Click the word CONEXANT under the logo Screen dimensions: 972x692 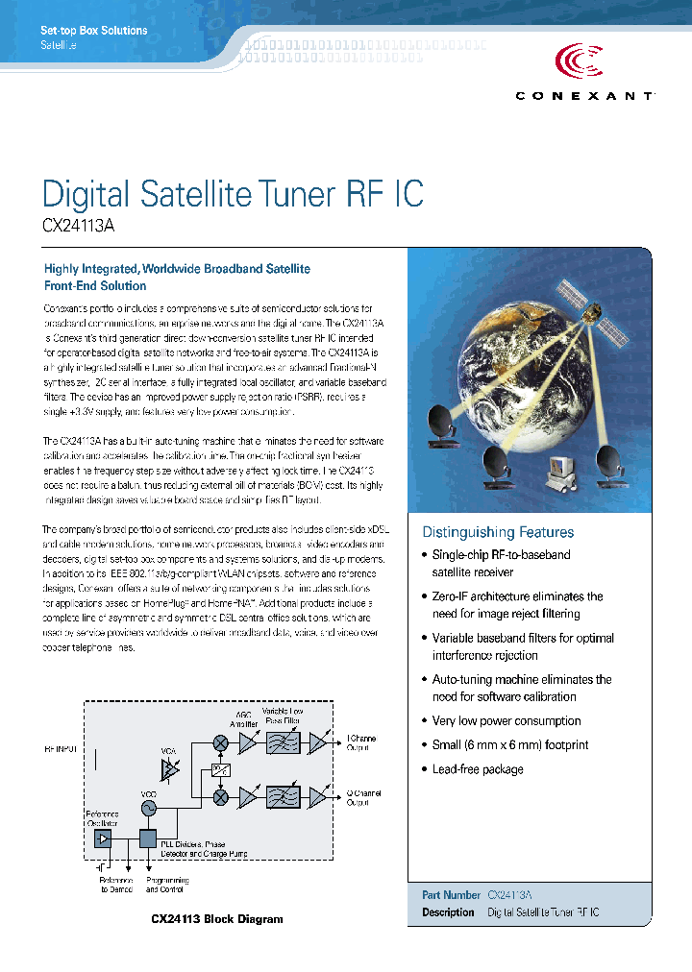[585, 96]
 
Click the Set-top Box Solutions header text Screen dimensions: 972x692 [94, 31]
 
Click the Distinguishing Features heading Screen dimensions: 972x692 [498, 532]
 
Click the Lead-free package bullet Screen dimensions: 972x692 [477, 769]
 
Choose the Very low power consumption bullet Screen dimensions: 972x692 [506, 720]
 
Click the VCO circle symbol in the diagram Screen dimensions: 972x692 [149, 810]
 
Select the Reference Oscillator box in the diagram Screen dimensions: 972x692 [102, 838]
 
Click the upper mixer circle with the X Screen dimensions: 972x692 [221, 742]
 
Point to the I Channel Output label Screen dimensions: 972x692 [361, 742]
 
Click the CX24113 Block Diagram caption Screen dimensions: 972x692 [217, 919]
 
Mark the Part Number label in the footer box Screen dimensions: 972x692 [451, 894]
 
